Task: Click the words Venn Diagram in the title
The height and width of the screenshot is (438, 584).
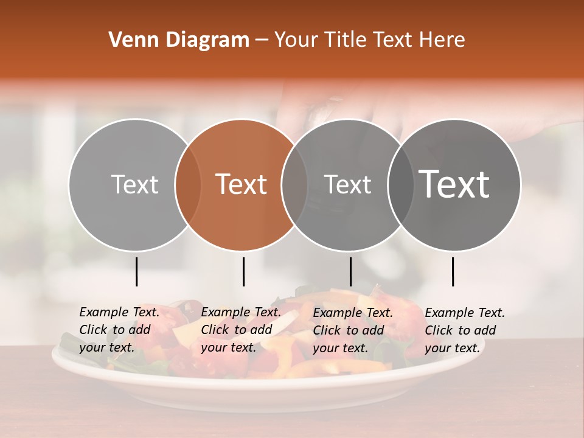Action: pyautogui.click(x=179, y=40)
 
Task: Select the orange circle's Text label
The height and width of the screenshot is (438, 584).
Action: pyautogui.click(x=242, y=184)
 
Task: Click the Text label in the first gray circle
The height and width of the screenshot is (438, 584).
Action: pyautogui.click(x=135, y=184)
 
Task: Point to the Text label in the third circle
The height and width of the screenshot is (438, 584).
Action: pyautogui.click(x=348, y=184)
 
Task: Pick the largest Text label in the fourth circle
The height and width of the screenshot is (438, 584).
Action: pyautogui.click(x=454, y=184)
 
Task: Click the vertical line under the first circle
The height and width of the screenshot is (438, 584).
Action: pyautogui.click(x=136, y=271)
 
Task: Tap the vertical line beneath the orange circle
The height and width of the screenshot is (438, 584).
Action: pyautogui.click(x=243, y=271)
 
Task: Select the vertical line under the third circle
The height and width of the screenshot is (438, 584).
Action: pyautogui.click(x=350, y=271)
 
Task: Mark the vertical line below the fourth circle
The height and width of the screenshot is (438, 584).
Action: pyautogui.click(x=453, y=271)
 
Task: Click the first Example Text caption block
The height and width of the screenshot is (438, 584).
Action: pyautogui.click(x=119, y=330)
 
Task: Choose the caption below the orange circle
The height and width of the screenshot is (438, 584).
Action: pyautogui.click(x=241, y=330)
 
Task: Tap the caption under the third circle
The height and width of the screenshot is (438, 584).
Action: pyautogui.click(x=353, y=330)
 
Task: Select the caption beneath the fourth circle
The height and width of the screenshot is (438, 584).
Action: pyautogui.click(x=465, y=330)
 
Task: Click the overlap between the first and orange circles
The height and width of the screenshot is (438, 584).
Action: pyautogui.click(x=188, y=184)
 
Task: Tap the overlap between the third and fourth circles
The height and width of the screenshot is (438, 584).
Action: pyautogui.click(x=401, y=184)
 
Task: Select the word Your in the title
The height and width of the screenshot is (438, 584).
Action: pyautogui.click(x=296, y=40)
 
